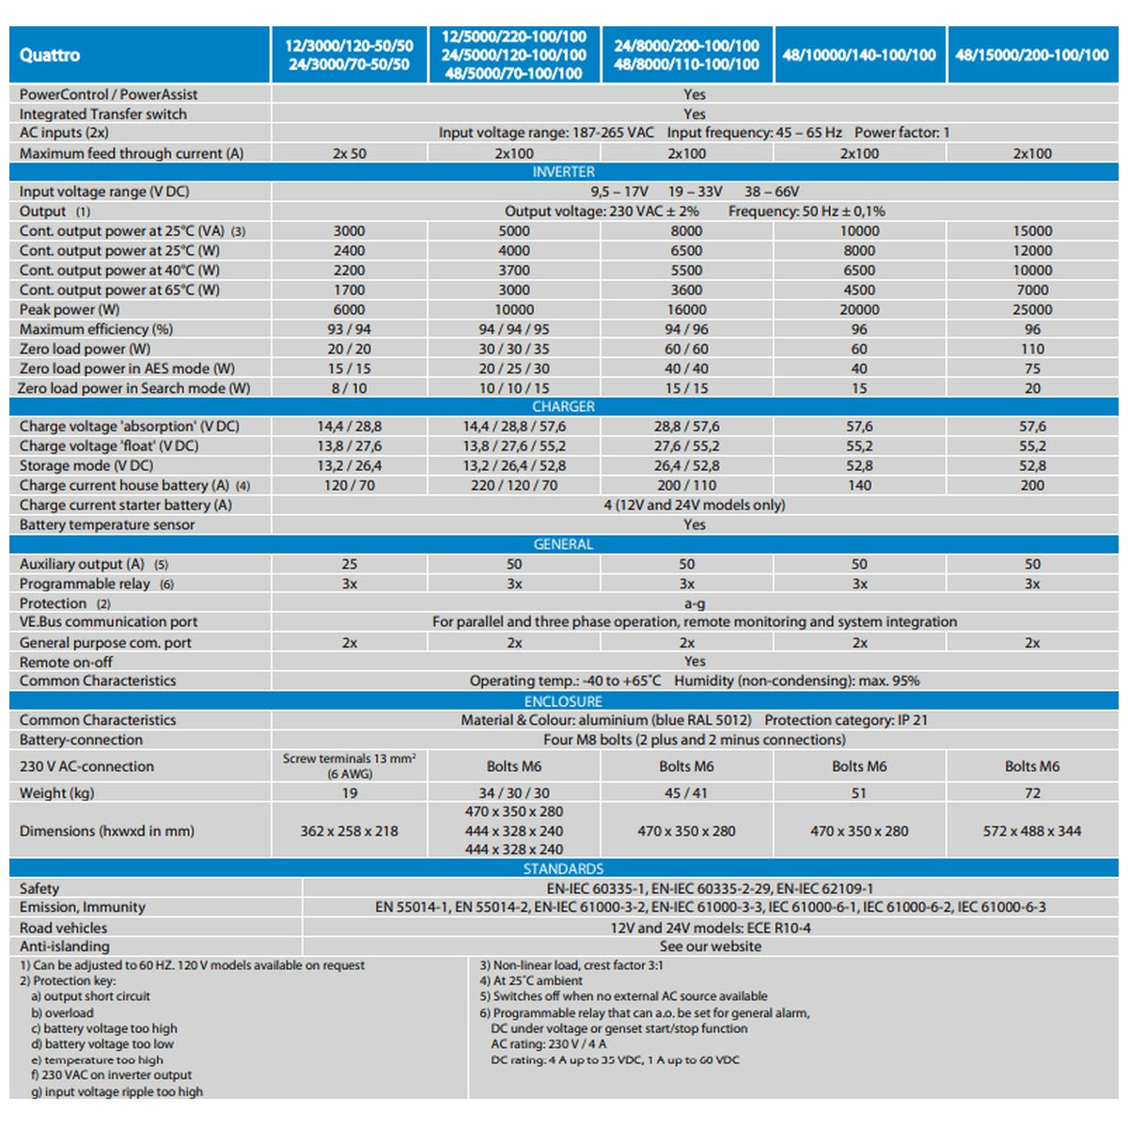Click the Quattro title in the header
(49, 55)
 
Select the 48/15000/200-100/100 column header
(1032, 55)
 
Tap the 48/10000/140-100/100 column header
(859, 55)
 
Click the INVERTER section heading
(563, 171)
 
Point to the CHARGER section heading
(563, 406)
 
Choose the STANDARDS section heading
(563, 869)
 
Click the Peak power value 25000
(1032, 309)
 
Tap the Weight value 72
(1032, 793)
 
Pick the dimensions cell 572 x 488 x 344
(1032, 831)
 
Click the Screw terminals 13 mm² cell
(350, 766)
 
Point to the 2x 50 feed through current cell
(350, 153)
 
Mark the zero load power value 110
(1032, 349)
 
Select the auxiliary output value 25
(350, 564)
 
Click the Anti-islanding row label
(65, 946)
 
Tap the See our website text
(711, 946)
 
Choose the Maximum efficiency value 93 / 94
(350, 329)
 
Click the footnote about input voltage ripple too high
(117, 1091)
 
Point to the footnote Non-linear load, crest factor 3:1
(572, 965)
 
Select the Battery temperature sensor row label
(107, 525)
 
